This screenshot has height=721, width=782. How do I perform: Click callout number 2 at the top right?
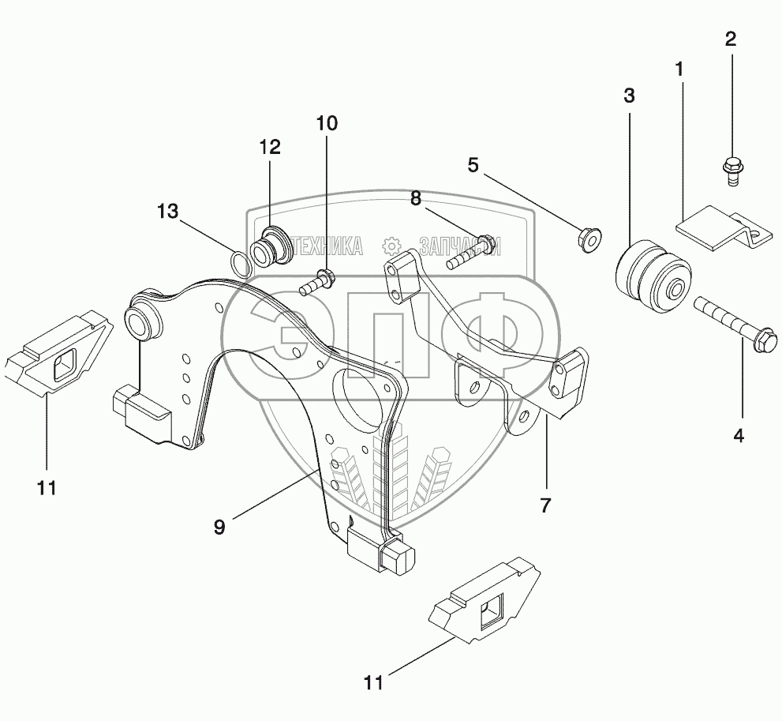(731, 39)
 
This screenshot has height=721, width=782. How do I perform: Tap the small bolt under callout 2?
(731, 171)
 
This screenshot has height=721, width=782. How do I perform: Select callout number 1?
(679, 69)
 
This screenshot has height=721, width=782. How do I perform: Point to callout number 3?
(630, 96)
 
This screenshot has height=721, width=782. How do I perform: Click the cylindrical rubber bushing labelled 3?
(653, 277)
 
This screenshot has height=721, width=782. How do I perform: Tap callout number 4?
(739, 436)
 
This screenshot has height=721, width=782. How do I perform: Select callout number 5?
(473, 165)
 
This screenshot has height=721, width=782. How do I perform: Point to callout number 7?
(545, 505)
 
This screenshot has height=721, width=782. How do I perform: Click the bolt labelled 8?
(471, 253)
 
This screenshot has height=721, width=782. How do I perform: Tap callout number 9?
(219, 527)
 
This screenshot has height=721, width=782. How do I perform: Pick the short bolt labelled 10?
(316, 282)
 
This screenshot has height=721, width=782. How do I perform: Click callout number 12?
(270, 147)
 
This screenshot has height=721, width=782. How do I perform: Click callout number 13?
(167, 211)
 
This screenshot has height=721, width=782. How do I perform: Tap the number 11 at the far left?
(47, 487)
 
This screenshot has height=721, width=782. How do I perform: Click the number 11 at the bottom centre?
(373, 682)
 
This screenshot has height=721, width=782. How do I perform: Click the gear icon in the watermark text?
(391, 246)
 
